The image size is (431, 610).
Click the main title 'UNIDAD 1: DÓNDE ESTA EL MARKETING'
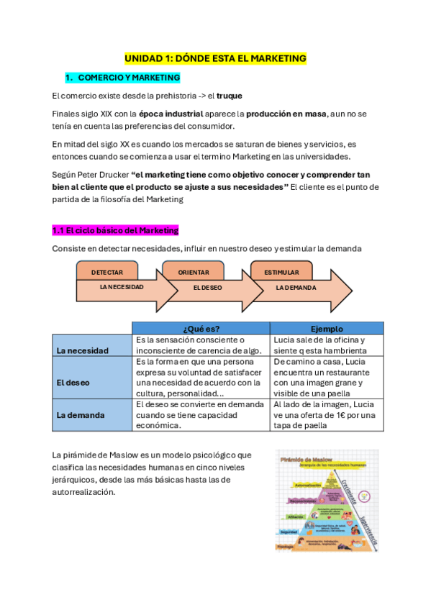click(215, 58)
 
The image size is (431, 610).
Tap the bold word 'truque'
click(229, 96)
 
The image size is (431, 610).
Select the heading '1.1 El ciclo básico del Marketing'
click(115, 230)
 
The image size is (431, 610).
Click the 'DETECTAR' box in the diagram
click(107, 273)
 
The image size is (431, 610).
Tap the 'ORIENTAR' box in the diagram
click(194, 273)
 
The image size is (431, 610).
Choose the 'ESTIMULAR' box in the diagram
click(281, 273)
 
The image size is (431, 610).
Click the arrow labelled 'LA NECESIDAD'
click(122, 287)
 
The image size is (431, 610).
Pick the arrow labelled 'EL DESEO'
click(209, 288)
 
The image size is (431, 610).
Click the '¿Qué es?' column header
click(201, 329)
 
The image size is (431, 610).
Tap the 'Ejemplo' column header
click(327, 329)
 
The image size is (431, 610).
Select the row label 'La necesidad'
click(83, 350)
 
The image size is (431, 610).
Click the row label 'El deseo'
click(73, 383)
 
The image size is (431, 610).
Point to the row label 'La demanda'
click(81, 415)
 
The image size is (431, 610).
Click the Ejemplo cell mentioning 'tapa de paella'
click(327, 415)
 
